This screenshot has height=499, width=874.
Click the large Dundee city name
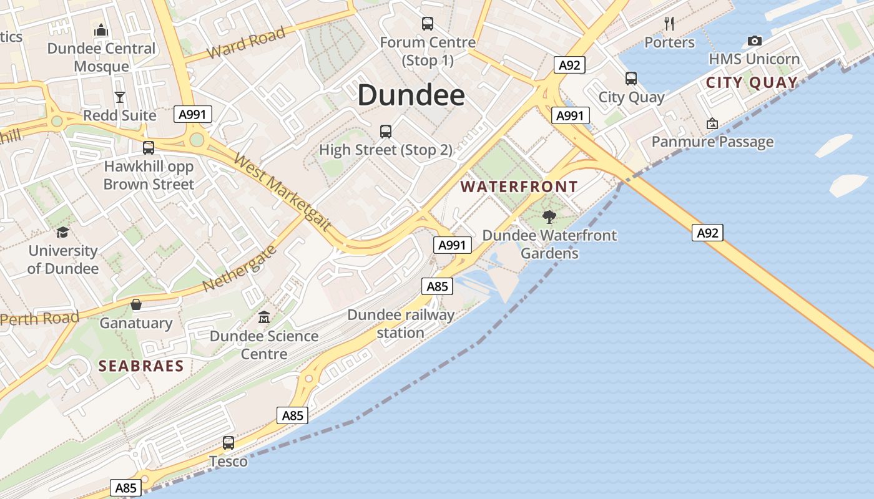click(411, 95)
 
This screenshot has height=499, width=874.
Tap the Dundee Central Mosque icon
click(101, 30)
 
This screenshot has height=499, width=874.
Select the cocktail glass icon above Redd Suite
click(120, 97)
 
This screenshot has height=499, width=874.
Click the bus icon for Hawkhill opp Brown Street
click(149, 148)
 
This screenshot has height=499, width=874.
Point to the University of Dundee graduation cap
click(62, 233)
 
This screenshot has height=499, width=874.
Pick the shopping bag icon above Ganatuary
click(136, 305)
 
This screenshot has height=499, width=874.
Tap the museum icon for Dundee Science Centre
click(264, 317)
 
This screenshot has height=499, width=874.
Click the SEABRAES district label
click(141, 366)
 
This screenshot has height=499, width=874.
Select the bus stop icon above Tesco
click(228, 443)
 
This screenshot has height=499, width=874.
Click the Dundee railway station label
click(401, 324)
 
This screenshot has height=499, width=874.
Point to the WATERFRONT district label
click(519, 187)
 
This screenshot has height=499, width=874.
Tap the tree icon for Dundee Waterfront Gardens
click(549, 217)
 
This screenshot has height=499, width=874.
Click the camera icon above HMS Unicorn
click(755, 41)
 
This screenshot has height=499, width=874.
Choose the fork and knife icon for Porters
click(669, 24)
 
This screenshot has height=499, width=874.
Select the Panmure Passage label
click(712, 142)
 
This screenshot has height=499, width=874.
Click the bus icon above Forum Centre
click(428, 24)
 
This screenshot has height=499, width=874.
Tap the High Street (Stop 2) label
click(386, 150)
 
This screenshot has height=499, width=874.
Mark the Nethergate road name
click(240, 269)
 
